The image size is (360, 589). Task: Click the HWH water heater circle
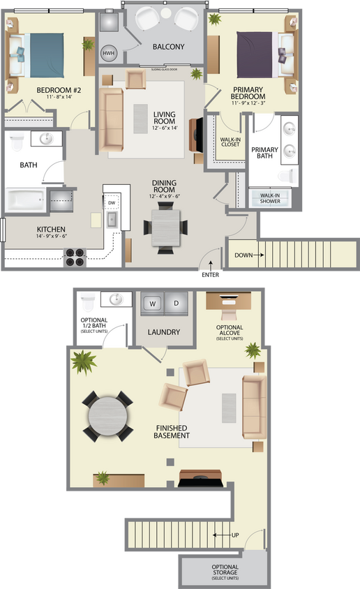click(x=109, y=53)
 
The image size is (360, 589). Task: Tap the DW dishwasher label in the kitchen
click(x=112, y=202)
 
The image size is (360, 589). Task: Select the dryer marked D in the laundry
click(x=177, y=304)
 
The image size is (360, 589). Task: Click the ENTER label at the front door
click(x=210, y=275)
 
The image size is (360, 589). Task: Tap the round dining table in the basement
click(x=107, y=417)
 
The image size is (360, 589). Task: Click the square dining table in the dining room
click(x=165, y=228)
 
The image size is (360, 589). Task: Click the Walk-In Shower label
click(x=270, y=198)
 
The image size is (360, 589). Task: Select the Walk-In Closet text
click(x=230, y=142)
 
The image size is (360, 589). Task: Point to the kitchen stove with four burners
click(x=74, y=258)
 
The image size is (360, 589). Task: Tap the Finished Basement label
click(x=172, y=431)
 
